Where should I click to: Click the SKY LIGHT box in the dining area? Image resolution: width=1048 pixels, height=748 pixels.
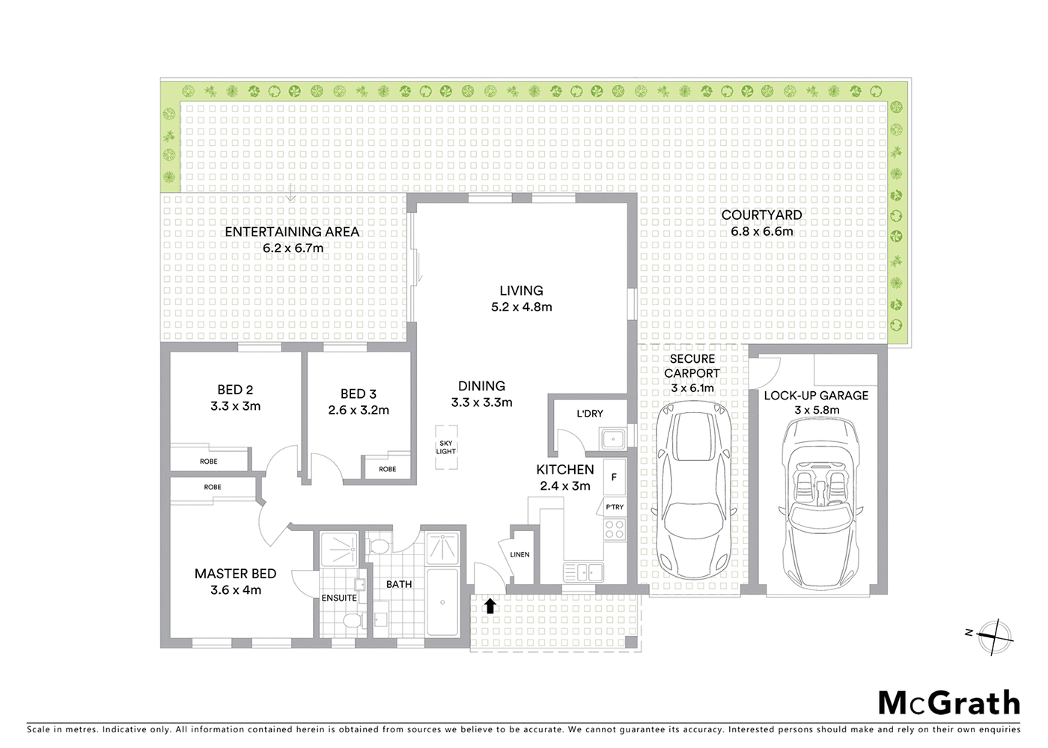coord(446,447)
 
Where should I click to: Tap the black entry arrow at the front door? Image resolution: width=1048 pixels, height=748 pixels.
coord(490,605)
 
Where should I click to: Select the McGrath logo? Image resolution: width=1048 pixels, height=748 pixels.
coord(948,703)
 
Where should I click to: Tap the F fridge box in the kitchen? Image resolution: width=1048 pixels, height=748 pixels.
coord(614,477)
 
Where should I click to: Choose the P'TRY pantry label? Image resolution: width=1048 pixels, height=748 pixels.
coord(614,507)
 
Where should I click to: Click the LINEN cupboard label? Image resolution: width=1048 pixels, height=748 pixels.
coord(520,554)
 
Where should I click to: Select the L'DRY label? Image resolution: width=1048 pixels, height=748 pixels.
coord(589,414)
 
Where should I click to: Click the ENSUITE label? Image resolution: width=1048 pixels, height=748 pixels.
coord(339,598)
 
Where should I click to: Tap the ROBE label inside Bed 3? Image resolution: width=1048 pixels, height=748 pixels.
coord(387,469)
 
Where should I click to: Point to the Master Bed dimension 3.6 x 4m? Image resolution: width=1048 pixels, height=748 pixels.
coord(235,590)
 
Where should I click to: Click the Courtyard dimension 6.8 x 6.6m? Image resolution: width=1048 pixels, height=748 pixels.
coord(761,232)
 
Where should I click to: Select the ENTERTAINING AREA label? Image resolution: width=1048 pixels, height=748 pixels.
coord(292,232)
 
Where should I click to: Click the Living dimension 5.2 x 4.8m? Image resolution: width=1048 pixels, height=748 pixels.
coord(522,307)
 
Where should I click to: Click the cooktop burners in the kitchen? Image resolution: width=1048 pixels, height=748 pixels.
coord(615,529)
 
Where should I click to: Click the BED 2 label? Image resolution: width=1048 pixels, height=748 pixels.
coord(235,390)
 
